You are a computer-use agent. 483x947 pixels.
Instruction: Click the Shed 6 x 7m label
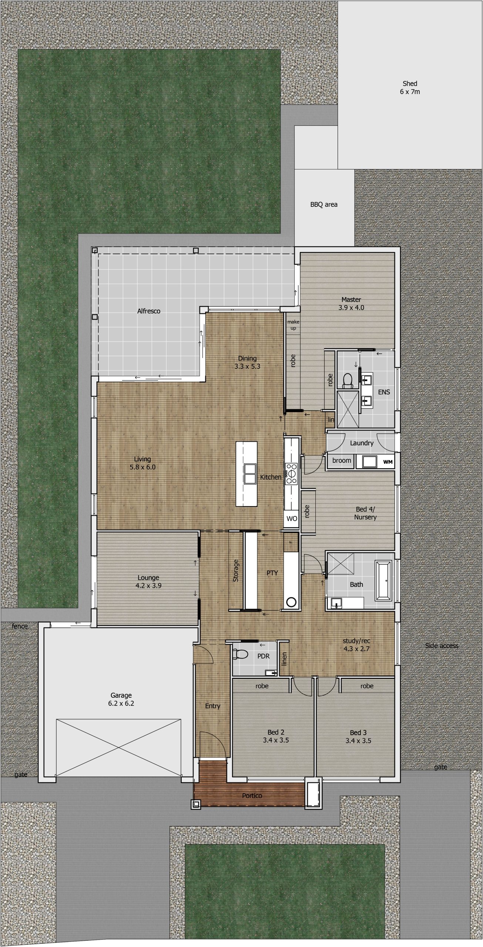[x=410, y=88]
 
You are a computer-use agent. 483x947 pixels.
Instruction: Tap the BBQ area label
[x=324, y=204]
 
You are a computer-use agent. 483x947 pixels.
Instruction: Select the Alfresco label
[x=149, y=311]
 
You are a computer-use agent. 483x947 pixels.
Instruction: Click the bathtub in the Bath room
[x=383, y=580]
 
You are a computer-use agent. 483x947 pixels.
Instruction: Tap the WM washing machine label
[x=388, y=462]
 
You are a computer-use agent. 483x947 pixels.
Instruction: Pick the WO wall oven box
[x=292, y=519]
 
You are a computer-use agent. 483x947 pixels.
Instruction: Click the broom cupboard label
[x=341, y=461]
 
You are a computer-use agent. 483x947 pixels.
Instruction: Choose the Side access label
[x=442, y=646]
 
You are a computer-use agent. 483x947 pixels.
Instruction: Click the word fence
[x=20, y=626]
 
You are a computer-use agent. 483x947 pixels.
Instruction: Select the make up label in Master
[x=293, y=325]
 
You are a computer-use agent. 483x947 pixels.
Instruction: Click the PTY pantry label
[x=272, y=573]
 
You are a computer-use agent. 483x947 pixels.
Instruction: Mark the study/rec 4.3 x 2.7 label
[x=356, y=644]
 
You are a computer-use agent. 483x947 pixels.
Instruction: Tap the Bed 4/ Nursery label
[x=365, y=513]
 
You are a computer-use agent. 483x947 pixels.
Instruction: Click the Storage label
[x=236, y=570]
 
